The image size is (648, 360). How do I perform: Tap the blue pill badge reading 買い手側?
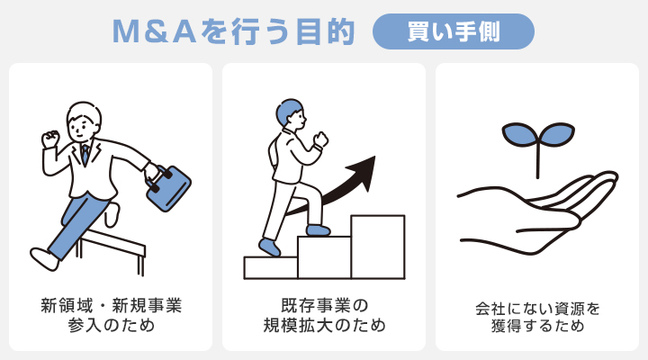[x=454, y=31]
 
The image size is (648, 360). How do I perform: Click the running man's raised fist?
[x=49, y=139]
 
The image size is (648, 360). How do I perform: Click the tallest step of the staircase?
[x=377, y=247]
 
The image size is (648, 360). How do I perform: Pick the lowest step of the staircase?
[x=270, y=267]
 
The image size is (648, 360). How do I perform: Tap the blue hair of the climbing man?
[x=291, y=112]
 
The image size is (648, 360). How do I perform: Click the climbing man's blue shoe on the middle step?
[x=318, y=230]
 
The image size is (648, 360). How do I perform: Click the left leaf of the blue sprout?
[x=518, y=135]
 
